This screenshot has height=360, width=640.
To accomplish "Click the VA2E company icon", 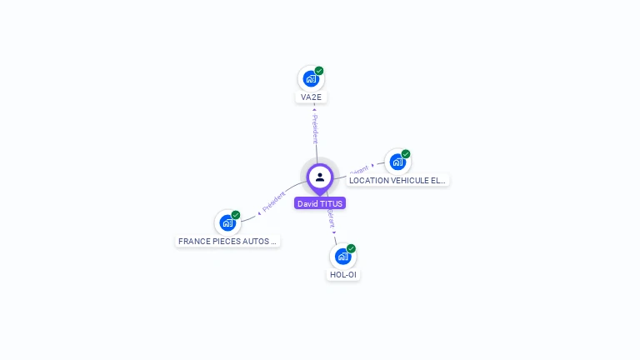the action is (311, 79).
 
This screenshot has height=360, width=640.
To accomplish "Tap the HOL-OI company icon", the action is (342, 257).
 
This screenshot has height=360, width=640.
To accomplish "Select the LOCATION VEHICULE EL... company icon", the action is (397, 162).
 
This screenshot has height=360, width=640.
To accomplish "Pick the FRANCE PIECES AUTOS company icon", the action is (227, 223).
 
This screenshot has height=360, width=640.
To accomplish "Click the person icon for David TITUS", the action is (320, 177).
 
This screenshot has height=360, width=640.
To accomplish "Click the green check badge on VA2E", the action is (319, 71).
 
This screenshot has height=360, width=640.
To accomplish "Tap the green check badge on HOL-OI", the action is (351, 248).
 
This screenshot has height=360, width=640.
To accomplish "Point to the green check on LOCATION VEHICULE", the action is (406, 153).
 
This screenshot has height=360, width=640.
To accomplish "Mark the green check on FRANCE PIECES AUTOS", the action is (236, 215).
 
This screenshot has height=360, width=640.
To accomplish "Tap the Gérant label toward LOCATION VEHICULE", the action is (359, 169).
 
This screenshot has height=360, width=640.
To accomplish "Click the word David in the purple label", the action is (307, 203).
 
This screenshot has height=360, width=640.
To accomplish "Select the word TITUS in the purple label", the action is (331, 203).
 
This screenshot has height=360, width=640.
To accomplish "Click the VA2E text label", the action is (311, 97).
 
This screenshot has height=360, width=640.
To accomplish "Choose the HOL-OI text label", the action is (342, 275).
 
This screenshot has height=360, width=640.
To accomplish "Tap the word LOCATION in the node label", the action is (367, 180).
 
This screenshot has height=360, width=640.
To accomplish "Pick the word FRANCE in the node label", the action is (192, 242).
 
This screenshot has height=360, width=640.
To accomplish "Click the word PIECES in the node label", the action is (224, 242).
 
